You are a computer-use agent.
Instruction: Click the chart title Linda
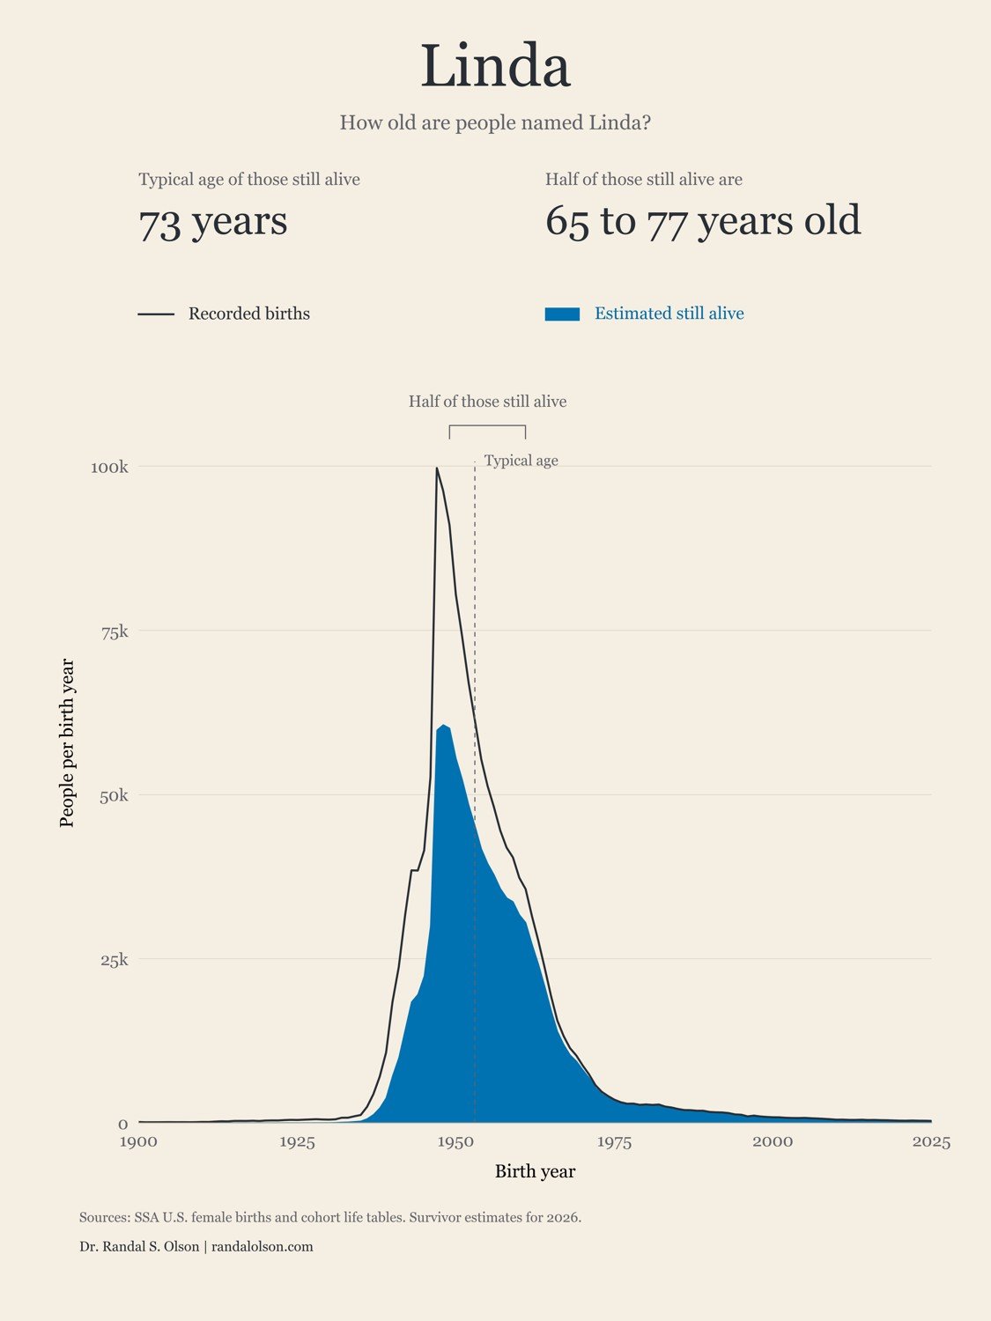(495, 65)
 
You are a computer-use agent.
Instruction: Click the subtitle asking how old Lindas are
(495, 122)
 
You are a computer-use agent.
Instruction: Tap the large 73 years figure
(213, 223)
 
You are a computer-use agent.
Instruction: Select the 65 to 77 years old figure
(703, 221)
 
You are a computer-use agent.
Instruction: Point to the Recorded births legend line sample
(156, 314)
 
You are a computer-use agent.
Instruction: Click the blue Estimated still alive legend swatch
(562, 314)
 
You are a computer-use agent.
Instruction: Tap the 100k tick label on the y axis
(109, 467)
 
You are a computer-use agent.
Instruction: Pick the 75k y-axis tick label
(115, 631)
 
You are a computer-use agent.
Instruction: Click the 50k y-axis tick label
(115, 795)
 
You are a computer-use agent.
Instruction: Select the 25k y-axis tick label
(115, 959)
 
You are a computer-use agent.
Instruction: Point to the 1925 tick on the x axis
(297, 1142)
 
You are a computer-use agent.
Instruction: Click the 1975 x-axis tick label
(614, 1142)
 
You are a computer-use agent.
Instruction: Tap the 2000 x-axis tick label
(773, 1142)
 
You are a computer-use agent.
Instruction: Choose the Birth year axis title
(535, 1171)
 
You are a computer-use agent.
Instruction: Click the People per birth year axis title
(67, 742)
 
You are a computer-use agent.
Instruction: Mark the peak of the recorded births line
(437, 468)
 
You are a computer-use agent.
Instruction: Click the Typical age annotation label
(521, 461)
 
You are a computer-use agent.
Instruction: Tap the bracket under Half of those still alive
(487, 426)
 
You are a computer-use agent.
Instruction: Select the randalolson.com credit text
(263, 1246)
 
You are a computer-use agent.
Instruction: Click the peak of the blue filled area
(443, 725)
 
